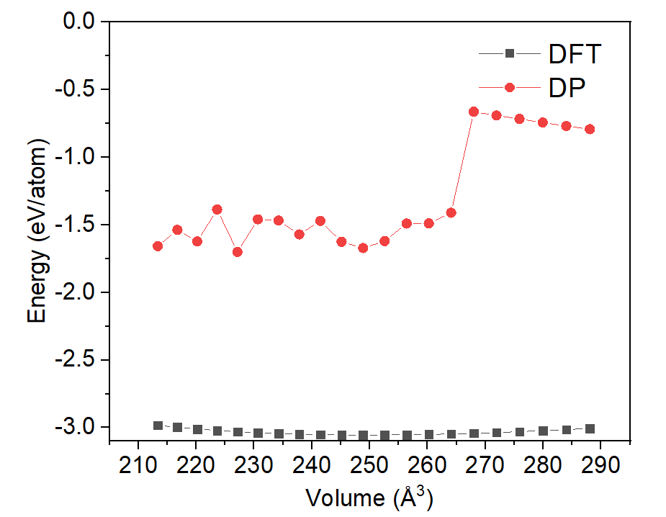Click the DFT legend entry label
tap(574, 54)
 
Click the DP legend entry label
tap(567, 87)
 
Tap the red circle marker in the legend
tap(510, 87)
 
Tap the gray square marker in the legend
tap(510, 54)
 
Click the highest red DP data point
tap(474, 112)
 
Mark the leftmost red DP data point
tap(158, 246)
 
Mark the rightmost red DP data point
tap(590, 129)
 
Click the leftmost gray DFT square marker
tap(158, 426)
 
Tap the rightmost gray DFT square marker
tap(590, 428)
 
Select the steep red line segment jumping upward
tap(462, 162)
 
